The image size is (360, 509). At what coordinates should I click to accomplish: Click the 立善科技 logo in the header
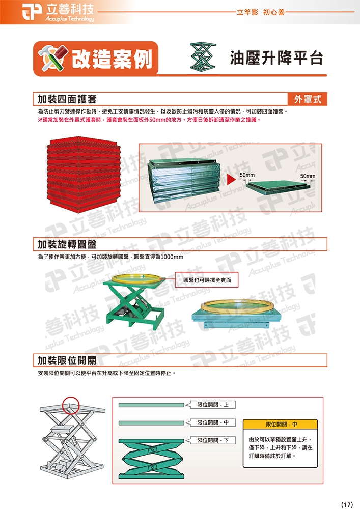tap(58, 13)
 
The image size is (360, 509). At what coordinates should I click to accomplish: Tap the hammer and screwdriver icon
tap(53, 58)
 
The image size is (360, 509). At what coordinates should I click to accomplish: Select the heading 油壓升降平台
tap(276, 58)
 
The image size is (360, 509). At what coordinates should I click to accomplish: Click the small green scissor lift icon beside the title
tap(203, 56)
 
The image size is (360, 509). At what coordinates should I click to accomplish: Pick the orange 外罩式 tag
tap(307, 99)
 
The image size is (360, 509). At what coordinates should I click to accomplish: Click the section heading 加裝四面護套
tap(67, 99)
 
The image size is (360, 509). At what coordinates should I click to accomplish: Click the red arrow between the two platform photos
tap(231, 180)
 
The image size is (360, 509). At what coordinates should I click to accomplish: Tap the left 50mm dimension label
tap(247, 175)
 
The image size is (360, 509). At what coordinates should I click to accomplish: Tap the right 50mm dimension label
tap(308, 176)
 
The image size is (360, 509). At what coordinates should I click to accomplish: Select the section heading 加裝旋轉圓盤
tap(67, 244)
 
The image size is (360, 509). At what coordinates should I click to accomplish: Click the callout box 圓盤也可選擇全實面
tap(207, 280)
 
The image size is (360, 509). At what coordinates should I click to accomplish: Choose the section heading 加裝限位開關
tap(67, 360)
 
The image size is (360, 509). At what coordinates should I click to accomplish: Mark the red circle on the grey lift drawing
tap(70, 406)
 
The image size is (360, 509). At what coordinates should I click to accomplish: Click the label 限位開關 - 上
tap(213, 405)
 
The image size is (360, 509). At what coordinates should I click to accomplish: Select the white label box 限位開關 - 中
tap(213, 422)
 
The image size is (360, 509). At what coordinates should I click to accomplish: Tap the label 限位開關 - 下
tap(213, 440)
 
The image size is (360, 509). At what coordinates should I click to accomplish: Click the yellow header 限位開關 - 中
tap(280, 425)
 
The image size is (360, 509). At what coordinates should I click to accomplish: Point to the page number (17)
tap(347, 504)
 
